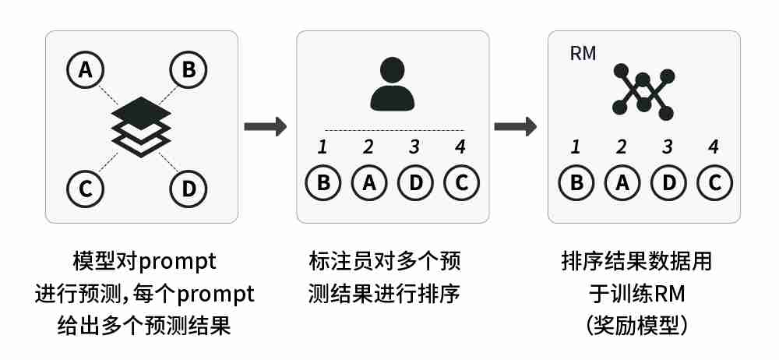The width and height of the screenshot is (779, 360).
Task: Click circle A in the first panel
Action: pos(86,70)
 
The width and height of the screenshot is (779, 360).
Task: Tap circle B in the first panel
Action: pos(189,70)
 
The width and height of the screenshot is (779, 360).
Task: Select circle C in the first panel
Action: pos(86,187)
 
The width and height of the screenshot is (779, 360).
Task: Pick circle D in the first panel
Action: pos(189,187)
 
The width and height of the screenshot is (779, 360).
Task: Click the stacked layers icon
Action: pos(141,128)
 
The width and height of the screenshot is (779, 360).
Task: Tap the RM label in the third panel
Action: pos(583,54)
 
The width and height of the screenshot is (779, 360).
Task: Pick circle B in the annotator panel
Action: pos(323,183)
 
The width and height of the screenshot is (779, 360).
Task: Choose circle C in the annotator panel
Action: pos(461,183)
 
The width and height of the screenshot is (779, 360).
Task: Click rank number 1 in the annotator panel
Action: pos(323,146)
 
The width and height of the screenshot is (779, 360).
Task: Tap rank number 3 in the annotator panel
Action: pos(414,146)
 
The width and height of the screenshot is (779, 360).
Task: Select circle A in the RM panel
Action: pos(621,183)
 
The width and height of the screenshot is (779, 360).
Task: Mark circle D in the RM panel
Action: pos(667,183)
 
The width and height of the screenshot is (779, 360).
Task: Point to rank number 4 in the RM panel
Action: pos(713,146)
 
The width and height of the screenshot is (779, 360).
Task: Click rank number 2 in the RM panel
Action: pos(621,146)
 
